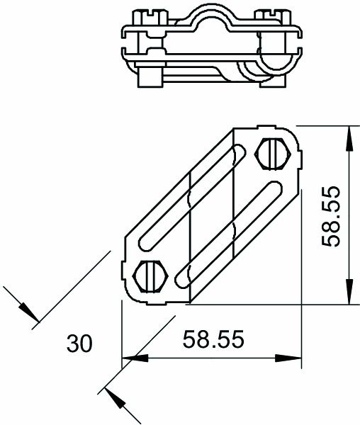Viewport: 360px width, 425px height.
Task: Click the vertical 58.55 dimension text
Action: (332, 216)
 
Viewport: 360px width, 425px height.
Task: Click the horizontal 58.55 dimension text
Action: (213, 340)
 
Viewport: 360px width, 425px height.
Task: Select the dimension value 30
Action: (79, 344)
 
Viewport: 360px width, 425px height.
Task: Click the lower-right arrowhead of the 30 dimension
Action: (117, 400)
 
